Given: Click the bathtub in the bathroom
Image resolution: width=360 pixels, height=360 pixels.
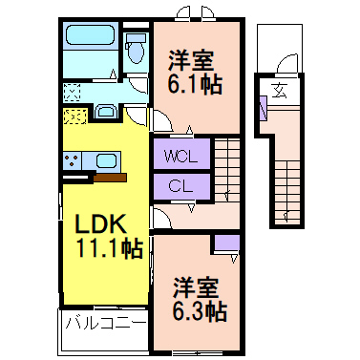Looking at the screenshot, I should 89,41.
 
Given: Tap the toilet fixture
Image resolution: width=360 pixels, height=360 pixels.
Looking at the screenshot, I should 137,45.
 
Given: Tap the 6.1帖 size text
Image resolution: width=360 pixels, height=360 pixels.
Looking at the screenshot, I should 196,85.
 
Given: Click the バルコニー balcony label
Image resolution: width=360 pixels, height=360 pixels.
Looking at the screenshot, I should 105,323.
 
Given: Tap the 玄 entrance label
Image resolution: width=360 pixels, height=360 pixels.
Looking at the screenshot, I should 280,92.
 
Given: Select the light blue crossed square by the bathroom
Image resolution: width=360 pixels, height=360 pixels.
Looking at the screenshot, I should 73,93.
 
